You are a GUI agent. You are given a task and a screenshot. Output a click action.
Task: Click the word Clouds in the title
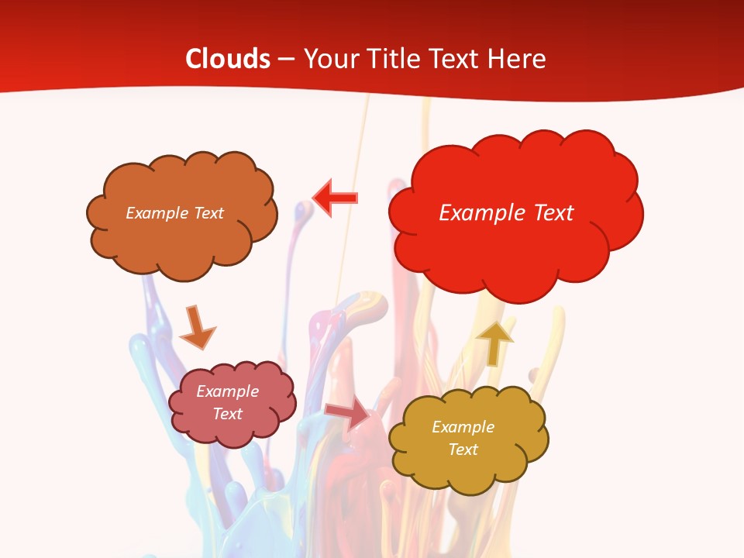[x=228, y=59]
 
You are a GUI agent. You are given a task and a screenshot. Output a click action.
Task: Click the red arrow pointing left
[x=336, y=198]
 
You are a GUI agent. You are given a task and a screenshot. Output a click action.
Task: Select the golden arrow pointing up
[x=494, y=341]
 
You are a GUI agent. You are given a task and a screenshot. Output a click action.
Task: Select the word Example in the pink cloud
[x=227, y=391]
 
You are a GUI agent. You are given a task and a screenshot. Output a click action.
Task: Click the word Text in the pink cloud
[x=227, y=414]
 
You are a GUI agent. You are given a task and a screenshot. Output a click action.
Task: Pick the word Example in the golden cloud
[x=463, y=427]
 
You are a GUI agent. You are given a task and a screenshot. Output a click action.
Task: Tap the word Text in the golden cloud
[x=463, y=449]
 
